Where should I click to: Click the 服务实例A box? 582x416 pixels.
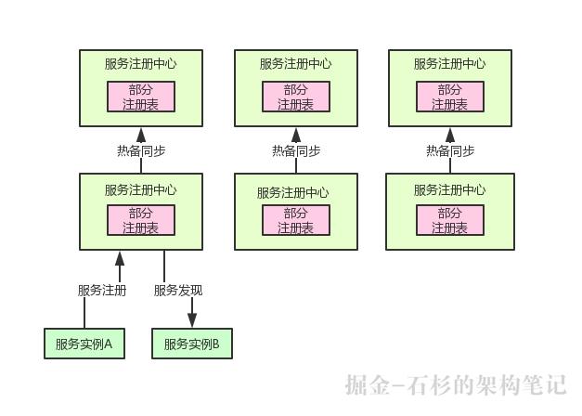pos(84,344)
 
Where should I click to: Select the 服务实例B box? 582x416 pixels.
pos(192,344)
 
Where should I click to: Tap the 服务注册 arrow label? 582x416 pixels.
pos(102,290)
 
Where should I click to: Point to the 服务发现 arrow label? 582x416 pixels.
pos(178,290)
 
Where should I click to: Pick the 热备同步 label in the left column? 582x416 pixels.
pos(141,150)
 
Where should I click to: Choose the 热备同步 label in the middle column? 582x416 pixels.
pos(296,150)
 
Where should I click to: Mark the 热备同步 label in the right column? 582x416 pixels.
pos(450,150)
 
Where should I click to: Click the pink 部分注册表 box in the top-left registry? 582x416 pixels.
pos(141,97)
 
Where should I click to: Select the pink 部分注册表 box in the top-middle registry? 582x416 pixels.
pos(296,97)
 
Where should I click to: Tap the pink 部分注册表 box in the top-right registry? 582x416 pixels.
pos(450,97)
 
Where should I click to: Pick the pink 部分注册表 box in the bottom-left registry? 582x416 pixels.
pos(141,220)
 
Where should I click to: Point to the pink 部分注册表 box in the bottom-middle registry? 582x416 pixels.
pos(296,220)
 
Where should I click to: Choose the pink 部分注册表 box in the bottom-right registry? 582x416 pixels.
pos(450,220)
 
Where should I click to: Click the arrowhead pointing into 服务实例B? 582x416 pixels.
pos(192,320)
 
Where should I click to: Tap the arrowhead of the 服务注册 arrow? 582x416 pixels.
pos(119,257)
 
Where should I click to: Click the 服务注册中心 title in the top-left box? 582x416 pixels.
pos(141,64)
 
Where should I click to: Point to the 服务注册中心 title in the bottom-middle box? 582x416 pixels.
pos(293,193)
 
